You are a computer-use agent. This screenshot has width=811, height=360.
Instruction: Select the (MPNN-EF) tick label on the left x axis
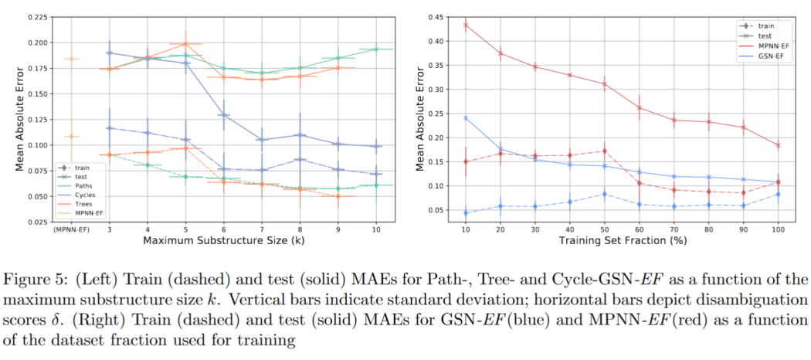71,229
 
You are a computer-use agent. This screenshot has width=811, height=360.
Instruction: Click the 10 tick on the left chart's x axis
377,229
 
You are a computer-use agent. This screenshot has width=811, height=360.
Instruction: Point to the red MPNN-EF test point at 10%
466,25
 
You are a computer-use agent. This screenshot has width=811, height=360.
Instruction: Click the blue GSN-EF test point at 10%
466,118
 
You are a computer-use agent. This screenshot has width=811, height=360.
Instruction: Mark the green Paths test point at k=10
377,49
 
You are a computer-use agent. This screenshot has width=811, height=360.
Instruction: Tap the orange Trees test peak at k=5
185,43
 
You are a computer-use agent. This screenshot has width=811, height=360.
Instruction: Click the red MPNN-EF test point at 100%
778,145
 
